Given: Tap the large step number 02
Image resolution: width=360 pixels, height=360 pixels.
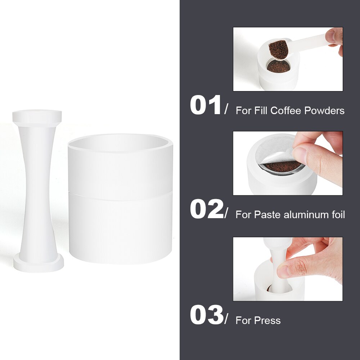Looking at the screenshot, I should (x=206, y=210).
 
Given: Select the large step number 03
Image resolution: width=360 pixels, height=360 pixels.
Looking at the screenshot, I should (x=206, y=315).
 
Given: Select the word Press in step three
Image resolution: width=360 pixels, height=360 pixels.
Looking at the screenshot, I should (x=267, y=320).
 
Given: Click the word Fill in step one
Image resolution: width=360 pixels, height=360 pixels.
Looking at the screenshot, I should (x=262, y=111).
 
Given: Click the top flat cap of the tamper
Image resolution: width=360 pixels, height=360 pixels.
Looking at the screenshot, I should (x=37, y=116).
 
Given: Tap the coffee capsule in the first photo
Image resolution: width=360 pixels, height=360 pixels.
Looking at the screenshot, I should (x=278, y=66).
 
